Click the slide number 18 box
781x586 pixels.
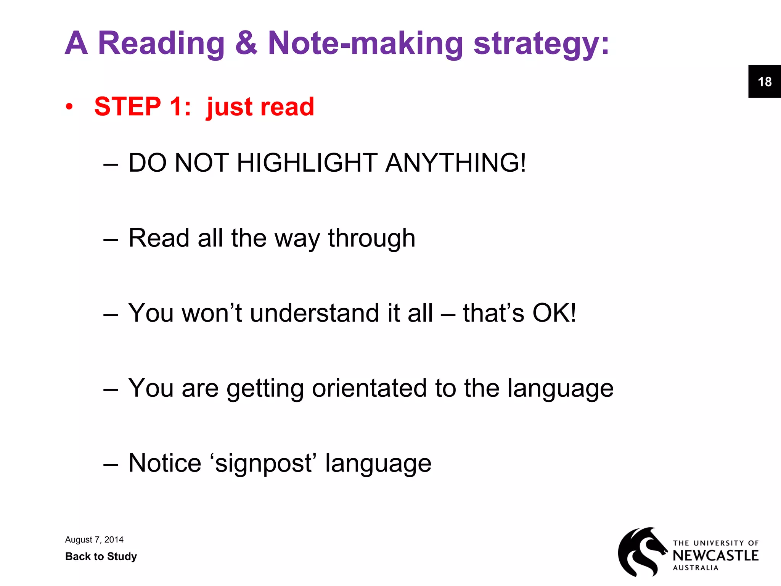pyautogui.click(x=764, y=82)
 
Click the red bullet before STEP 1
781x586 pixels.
pyautogui.click(x=69, y=107)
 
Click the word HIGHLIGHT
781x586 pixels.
pyautogui.click(x=307, y=163)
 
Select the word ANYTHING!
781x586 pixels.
pyautogui.click(x=455, y=163)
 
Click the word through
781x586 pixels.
pyautogui.click(x=371, y=239)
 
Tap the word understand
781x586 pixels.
pyautogui.click(x=314, y=313)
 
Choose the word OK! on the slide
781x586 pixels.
pyautogui.click(x=554, y=313)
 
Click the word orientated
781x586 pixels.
pyautogui.click(x=369, y=388)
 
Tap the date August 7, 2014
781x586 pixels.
pyautogui.click(x=94, y=539)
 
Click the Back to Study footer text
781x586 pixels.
pyautogui.click(x=101, y=556)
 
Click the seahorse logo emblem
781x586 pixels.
pyautogui.click(x=642, y=551)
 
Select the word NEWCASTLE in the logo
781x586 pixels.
pyautogui.click(x=715, y=555)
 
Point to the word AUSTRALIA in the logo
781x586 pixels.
pyautogui.click(x=696, y=568)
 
